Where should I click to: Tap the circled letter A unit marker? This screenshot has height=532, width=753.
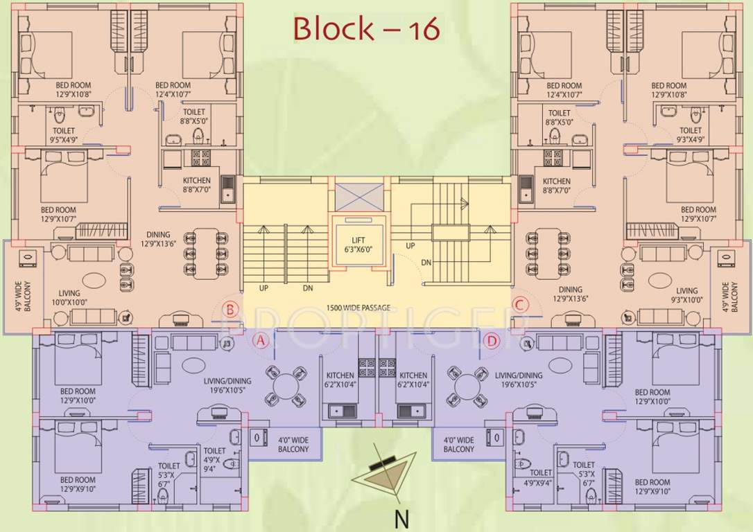pyautogui.click(x=259, y=340)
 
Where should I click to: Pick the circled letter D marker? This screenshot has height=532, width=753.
pyautogui.click(x=492, y=340)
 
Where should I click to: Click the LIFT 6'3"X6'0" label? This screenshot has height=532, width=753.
pyautogui.click(x=358, y=245)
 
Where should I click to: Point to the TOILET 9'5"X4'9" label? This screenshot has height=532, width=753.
pyautogui.click(x=64, y=135)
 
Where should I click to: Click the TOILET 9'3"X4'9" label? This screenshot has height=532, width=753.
pyautogui.click(x=690, y=135)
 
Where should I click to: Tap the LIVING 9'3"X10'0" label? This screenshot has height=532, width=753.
pyautogui.click(x=687, y=296)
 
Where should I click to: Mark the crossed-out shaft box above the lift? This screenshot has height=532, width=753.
pyautogui.click(x=358, y=196)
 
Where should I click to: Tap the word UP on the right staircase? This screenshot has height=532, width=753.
pyautogui.click(x=410, y=246)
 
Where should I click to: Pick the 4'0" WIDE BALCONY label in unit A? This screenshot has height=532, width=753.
pyautogui.click(x=294, y=444)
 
